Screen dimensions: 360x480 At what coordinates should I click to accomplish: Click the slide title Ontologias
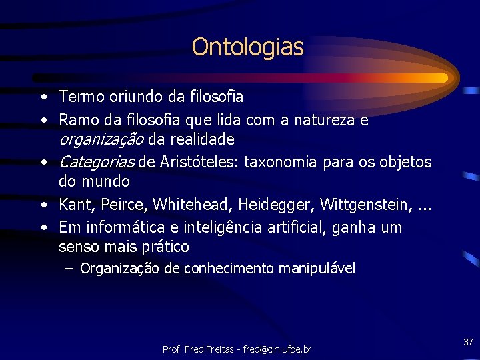[247, 47]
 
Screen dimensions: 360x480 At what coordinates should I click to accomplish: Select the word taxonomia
[288, 162]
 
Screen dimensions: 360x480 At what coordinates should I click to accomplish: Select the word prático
[164, 247]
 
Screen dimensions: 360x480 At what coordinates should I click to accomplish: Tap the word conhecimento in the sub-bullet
[229, 269]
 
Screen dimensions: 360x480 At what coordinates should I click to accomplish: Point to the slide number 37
[468, 342]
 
